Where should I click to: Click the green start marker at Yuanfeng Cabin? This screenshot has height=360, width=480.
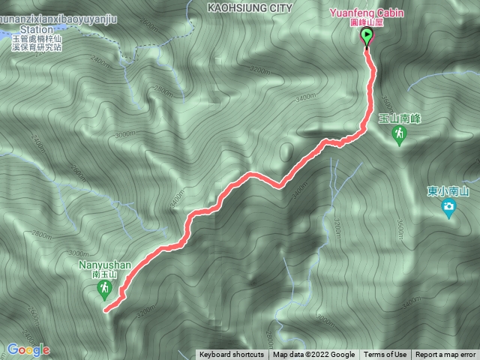(367, 37)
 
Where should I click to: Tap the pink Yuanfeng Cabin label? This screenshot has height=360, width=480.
(367, 13)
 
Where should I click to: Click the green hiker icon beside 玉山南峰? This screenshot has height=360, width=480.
(400, 133)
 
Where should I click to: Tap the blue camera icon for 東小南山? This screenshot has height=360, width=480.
(449, 208)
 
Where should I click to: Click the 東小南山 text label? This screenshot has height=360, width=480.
(448, 190)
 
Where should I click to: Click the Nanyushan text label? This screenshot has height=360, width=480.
(104, 265)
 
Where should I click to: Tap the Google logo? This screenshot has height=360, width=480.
(28, 349)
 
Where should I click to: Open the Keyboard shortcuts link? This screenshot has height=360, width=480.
(231, 355)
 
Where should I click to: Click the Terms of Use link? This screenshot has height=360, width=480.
(385, 355)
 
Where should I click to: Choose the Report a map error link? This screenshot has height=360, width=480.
(445, 355)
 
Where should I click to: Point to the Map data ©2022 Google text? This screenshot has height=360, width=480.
(313, 355)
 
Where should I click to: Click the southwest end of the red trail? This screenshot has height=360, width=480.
(105, 309)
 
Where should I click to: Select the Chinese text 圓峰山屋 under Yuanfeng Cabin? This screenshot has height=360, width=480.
(367, 22)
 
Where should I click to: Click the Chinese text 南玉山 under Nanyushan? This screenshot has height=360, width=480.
(103, 275)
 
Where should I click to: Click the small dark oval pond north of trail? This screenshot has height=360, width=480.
(286, 152)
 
